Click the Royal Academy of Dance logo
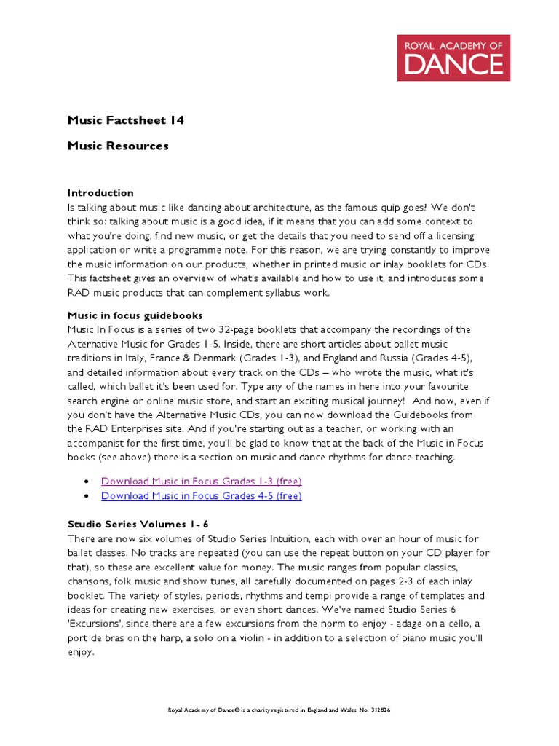coord(453,57)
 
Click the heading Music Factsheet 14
coord(125,120)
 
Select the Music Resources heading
coord(118,146)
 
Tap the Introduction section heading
coord(100,192)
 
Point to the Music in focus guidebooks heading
coord(135,315)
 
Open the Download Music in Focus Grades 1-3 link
coord(202,481)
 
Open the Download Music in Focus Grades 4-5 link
coord(202,496)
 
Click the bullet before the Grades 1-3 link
coord(87,482)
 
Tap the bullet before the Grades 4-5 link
coord(87,497)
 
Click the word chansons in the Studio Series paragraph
coord(92,580)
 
